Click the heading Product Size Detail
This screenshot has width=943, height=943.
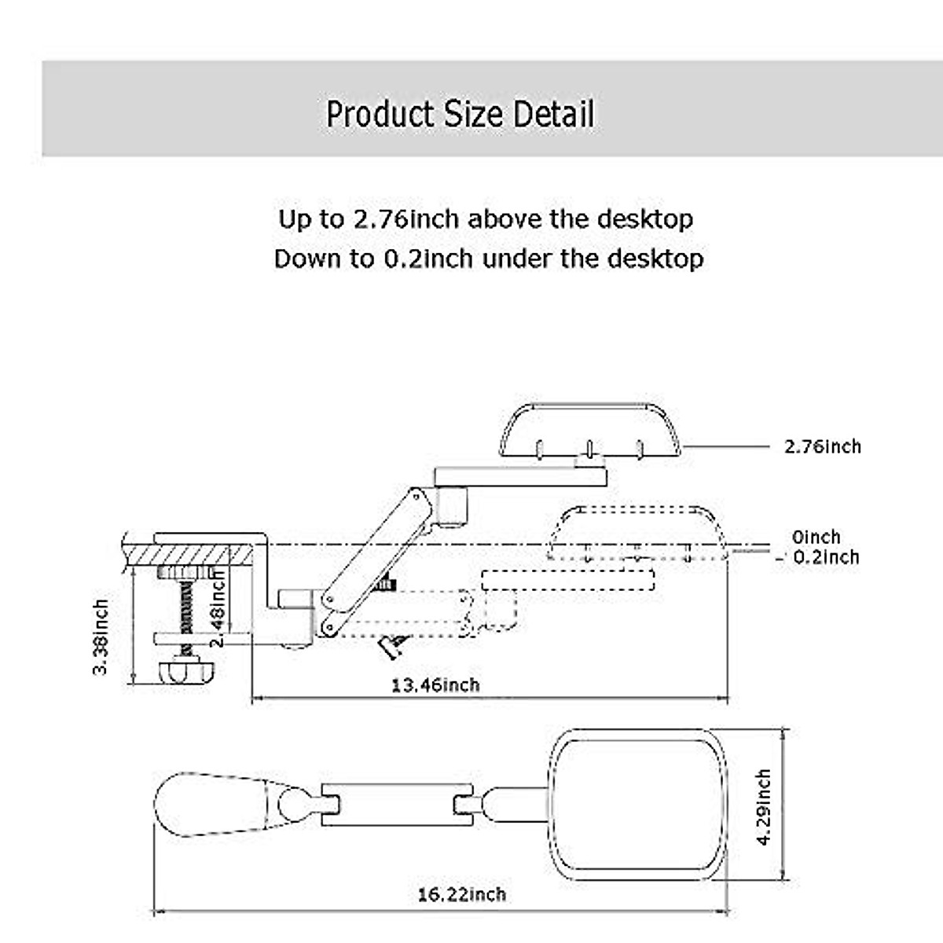click(x=460, y=114)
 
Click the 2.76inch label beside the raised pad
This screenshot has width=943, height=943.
click(x=823, y=447)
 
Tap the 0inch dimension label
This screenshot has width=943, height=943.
click(x=816, y=537)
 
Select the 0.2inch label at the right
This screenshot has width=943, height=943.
click(x=826, y=557)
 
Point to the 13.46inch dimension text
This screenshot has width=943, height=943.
click(x=435, y=685)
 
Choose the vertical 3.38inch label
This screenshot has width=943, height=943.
click(x=101, y=637)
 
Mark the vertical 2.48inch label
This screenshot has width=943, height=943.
click(x=218, y=607)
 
